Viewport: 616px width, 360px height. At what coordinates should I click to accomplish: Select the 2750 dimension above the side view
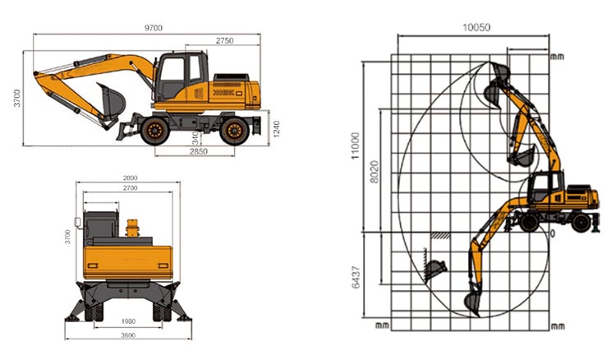[x=228, y=40]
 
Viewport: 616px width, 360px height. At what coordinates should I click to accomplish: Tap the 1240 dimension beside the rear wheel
[x=275, y=128]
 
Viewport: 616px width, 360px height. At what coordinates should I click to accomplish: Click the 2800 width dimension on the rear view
[x=129, y=178]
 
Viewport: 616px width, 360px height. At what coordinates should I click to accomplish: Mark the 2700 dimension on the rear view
[x=129, y=188]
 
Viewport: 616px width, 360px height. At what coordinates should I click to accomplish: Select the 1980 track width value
[x=126, y=321]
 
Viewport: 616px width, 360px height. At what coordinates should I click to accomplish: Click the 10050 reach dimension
[x=476, y=27]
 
